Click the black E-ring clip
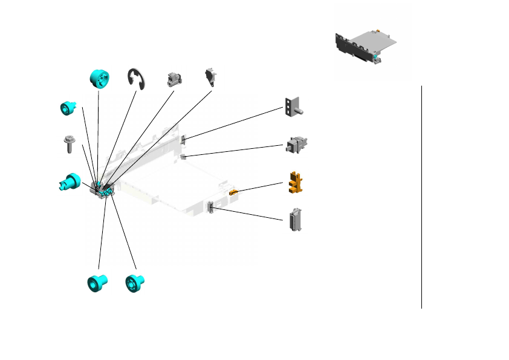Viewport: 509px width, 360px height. click(137, 79)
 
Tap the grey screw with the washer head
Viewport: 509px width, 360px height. click(68, 145)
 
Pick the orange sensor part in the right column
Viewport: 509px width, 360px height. click(294, 182)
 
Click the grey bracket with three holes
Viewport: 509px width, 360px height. click(293, 106)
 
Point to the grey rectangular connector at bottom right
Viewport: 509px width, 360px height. click(296, 219)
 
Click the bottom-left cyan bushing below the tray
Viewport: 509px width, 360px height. click(97, 283)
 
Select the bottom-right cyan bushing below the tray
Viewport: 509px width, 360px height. click(134, 283)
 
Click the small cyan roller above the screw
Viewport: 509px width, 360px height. click(68, 108)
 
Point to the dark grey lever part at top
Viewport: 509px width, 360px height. click(211, 76)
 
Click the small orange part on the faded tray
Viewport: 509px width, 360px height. click(233, 192)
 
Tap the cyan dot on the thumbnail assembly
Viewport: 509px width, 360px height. click(376, 58)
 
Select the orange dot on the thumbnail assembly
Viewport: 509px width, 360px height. click(377, 29)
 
